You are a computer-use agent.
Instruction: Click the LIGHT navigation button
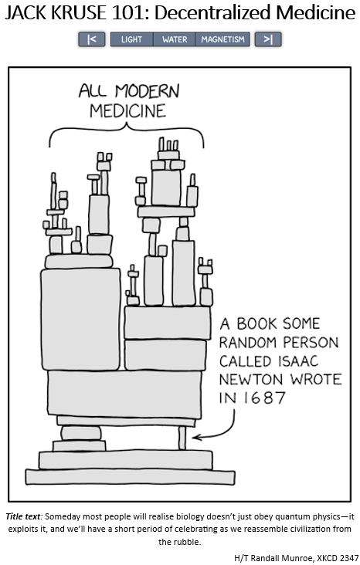pos(131,39)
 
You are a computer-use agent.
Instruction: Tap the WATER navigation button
pos(175,39)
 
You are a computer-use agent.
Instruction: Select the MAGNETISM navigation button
pos(222,39)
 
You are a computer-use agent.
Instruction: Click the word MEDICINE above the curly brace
pos(127,111)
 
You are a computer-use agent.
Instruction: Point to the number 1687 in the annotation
pos(264,398)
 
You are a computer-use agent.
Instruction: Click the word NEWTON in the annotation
pos(250,380)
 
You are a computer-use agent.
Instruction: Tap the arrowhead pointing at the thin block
pos(196,438)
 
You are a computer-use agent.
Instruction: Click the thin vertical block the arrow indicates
pos(182,438)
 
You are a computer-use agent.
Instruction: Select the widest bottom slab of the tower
pos(131,476)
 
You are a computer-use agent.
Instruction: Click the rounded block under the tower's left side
pos(81,433)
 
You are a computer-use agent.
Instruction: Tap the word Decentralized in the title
pos(213,13)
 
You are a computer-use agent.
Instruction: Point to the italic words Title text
pos(23,516)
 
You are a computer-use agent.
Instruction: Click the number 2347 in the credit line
pos(348,558)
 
